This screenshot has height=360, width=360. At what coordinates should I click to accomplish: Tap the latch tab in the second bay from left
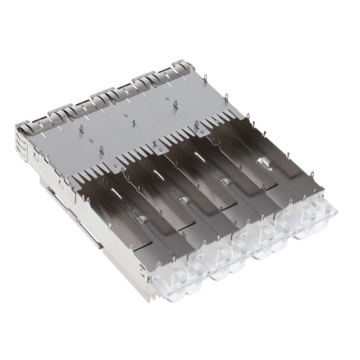click(183, 200)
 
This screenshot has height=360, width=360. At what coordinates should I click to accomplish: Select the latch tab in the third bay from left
click(224, 181)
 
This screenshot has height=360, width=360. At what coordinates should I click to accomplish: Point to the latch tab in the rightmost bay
click(263, 161)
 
